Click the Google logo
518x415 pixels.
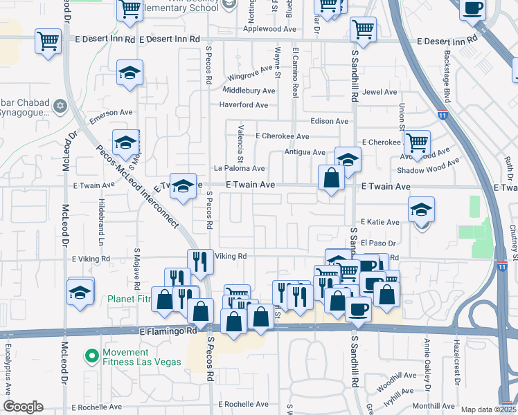point(23,407)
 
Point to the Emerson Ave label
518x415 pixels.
point(111,114)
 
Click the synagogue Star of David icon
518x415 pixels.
point(60,107)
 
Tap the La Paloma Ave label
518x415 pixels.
point(239,168)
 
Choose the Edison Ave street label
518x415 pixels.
point(330,121)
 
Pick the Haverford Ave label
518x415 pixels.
point(243,105)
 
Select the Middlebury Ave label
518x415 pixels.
point(249,91)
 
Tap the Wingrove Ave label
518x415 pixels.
point(252,77)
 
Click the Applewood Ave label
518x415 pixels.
point(277,30)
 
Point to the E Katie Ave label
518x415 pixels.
point(379,222)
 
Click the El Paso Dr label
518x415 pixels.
point(377,243)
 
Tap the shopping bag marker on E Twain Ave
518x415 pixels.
point(332,178)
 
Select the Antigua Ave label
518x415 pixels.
point(305,152)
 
